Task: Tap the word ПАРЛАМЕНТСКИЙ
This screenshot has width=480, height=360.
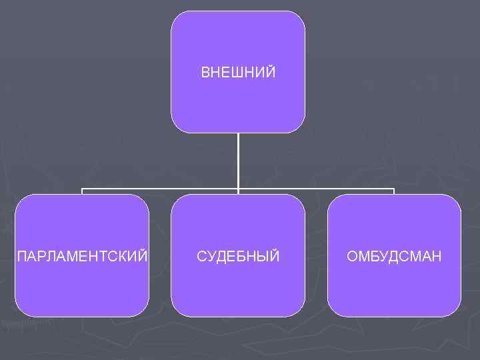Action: click(82, 256)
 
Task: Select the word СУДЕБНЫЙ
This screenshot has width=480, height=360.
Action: click(238, 256)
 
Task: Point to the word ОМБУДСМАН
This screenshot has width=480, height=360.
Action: click(394, 256)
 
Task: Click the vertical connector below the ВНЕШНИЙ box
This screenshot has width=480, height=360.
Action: click(238, 160)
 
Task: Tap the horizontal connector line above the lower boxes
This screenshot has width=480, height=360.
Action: click(160, 189)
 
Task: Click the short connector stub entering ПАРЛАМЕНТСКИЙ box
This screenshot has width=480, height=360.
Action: click(82, 192)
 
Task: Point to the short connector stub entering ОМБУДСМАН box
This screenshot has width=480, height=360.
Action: click(394, 192)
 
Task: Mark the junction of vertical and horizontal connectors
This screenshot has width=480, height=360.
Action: click(238, 189)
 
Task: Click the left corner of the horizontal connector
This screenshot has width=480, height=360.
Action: click(82, 189)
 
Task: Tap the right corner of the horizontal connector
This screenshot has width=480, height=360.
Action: click(394, 189)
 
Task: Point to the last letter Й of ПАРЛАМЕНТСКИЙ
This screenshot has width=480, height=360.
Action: click(143, 255)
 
